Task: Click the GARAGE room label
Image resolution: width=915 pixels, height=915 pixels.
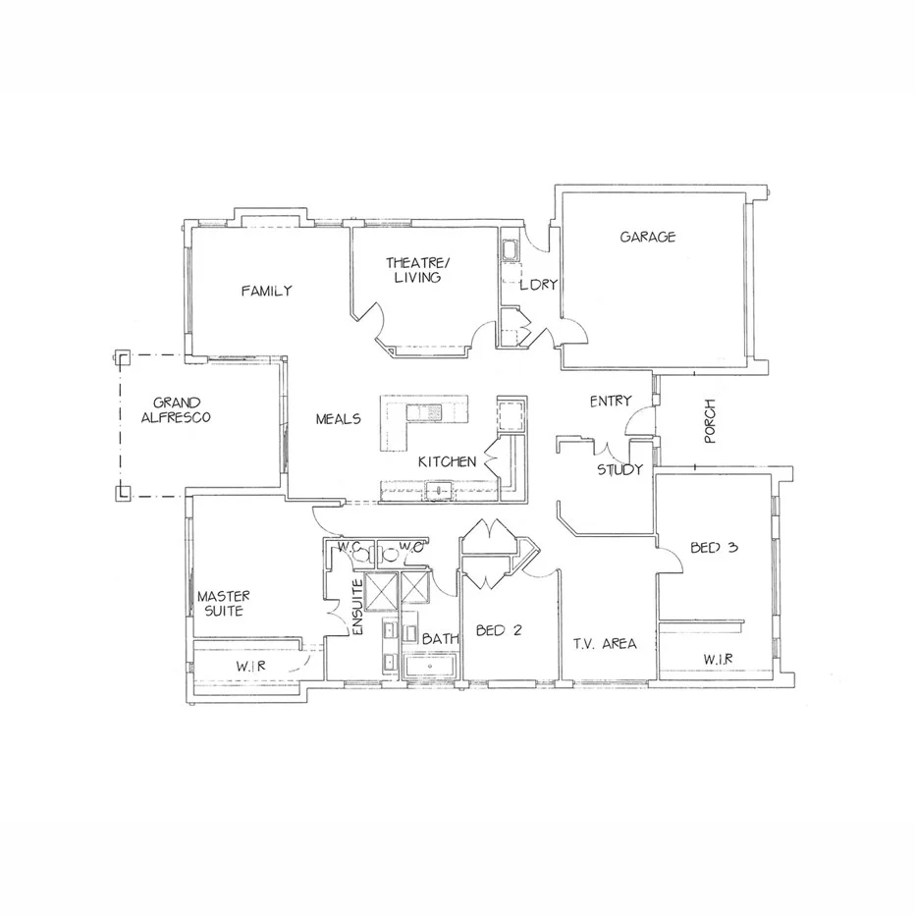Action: point(648,237)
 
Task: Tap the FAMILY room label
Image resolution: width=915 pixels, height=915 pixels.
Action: point(266,291)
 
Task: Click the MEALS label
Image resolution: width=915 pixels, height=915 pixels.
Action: point(338,419)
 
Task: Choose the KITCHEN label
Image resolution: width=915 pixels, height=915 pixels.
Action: point(448,461)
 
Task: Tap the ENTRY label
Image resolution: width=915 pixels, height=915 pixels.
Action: point(610,402)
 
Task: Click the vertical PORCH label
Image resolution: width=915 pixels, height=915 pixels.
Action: point(711,420)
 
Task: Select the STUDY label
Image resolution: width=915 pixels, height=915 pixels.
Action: point(619,469)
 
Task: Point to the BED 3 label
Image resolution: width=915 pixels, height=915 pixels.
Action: point(714,548)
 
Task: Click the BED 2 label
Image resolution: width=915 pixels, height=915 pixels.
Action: point(498,630)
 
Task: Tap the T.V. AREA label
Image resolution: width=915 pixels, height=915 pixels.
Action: point(605,644)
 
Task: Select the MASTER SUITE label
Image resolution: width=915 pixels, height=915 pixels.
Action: point(224,603)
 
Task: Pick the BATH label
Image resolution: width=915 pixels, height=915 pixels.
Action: point(441,639)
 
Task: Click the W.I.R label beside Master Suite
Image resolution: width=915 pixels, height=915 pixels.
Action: point(251,667)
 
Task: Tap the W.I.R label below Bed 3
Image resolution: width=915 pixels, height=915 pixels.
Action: point(718,658)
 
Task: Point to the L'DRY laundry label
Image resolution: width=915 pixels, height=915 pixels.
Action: point(539,285)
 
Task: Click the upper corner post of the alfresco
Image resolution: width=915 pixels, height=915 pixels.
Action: point(122,356)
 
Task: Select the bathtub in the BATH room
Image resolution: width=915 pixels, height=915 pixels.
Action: point(431,668)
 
